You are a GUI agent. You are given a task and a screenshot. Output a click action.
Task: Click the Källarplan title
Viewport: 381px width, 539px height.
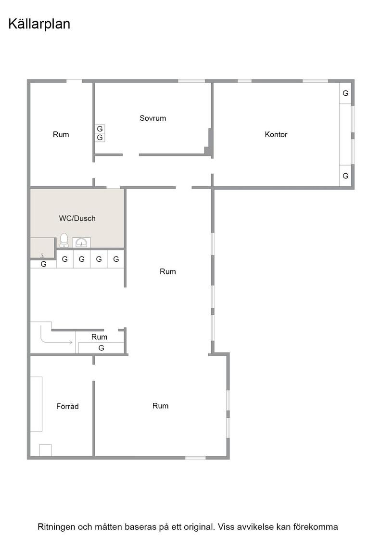(39, 24)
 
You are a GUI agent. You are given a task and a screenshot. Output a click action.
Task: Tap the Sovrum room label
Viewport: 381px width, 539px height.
(152, 118)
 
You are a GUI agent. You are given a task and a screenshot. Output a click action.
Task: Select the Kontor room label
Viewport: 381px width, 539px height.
(276, 134)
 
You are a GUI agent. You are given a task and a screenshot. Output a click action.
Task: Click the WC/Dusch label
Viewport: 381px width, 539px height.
(77, 218)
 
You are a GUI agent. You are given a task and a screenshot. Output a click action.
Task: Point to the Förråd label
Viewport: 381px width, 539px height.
(67, 406)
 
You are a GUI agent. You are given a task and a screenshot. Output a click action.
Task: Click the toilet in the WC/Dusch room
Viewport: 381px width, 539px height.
(64, 240)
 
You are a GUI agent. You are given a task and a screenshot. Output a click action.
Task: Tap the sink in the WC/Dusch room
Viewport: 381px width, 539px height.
(81, 243)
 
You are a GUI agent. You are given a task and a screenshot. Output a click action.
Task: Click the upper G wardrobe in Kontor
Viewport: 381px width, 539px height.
(345, 93)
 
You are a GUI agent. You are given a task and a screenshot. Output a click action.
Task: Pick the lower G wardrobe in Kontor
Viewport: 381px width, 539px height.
(345, 176)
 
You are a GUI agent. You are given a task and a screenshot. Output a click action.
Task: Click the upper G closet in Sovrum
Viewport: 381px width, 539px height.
(100, 128)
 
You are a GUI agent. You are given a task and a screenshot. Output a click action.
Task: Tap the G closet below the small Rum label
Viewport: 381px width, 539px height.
(101, 348)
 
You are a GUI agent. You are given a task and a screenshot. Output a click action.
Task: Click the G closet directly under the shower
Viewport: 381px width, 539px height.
(43, 264)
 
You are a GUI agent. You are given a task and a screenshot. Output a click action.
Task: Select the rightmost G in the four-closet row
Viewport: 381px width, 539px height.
(116, 259)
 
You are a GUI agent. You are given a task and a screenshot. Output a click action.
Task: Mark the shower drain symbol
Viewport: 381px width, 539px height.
(42, 256)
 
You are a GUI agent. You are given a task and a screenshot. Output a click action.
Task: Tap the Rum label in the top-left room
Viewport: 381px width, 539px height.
(61, 134)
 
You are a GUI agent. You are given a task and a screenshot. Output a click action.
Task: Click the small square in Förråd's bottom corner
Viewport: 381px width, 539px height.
(45, 450)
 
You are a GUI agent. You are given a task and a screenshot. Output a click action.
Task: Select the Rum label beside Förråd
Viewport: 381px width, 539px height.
(161, 406)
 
